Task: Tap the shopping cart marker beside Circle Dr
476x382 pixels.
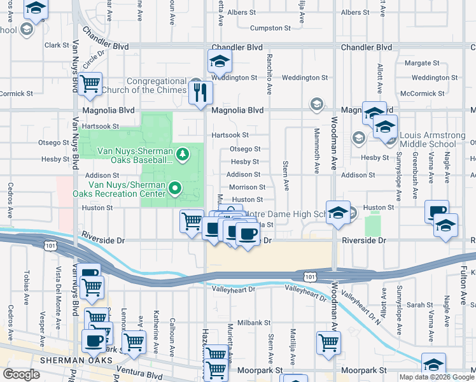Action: pyautogui.click(x=91, y=83)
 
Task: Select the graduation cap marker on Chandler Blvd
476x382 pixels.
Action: pyautogui.click(x=220, y=62)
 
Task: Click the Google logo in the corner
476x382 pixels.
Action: pyautogui.click(x=21, y=374)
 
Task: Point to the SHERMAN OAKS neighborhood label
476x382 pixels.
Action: pyautogui.click(x=76, y=360)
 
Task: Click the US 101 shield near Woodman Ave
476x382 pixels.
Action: pyautogui.click(x=309, y=276)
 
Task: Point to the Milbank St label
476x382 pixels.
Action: pyautogui.click(x=249, y=323)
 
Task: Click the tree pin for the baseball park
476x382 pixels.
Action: pyautogui.click(x=183, y=154)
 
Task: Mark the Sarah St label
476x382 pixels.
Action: pyautogui.click(x=419, y=305)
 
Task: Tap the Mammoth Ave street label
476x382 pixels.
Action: pyautogui.click(x=317, y=158)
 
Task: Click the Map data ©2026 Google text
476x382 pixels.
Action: pyautogui.click(x=437, y=377)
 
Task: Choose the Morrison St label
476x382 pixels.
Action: pyautogui.click(x=247, y=187)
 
